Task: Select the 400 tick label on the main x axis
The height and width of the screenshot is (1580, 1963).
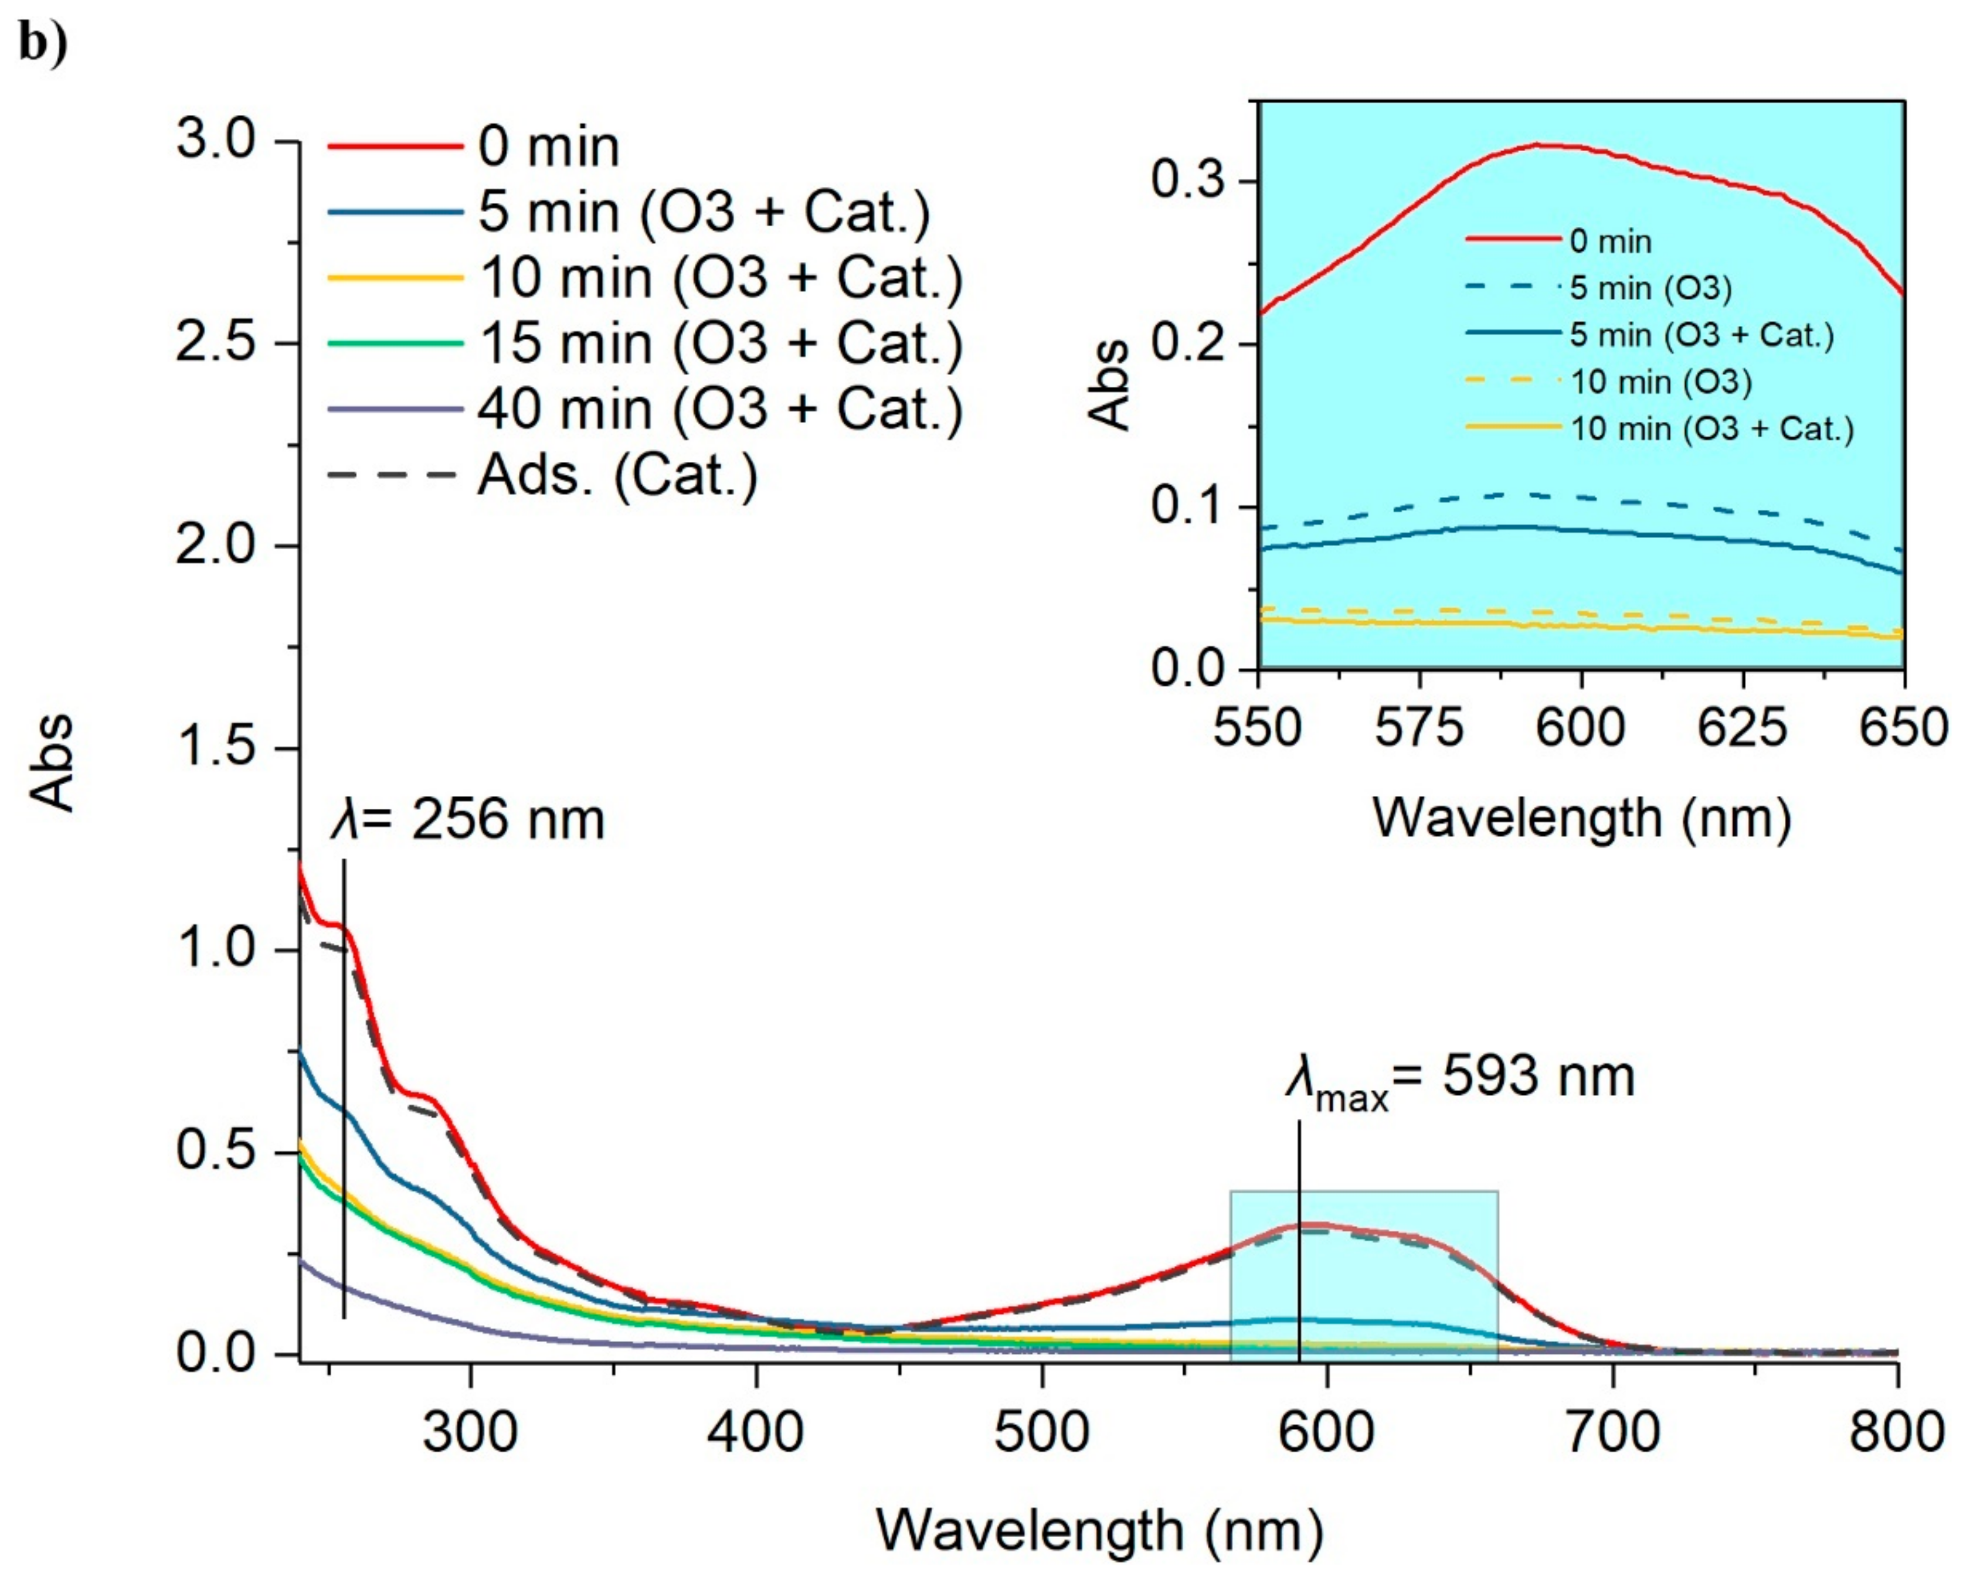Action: coord(756,1432)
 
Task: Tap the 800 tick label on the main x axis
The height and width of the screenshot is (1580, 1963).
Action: coord(1897,1432)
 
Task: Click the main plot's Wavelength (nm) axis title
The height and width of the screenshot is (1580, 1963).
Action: coord(1099,1530)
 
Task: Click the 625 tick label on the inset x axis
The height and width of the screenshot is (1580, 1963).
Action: coord(1743,728)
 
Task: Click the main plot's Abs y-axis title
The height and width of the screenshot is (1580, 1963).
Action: coord(53,762)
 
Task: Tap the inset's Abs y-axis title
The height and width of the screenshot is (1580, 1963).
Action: coord(1109,386)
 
